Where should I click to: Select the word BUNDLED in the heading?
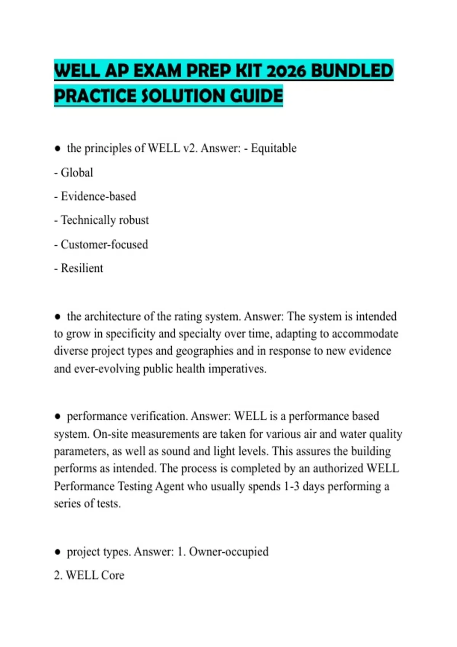click(352, 71)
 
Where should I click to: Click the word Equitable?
click(273, 148)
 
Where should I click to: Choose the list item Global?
click(77, 172)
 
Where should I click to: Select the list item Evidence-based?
click(98, 196)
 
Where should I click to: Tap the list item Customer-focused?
click(104, 244)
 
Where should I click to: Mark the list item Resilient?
click(82, 268)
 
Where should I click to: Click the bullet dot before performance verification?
click(58, 416)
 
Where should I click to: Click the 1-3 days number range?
click(292, 486)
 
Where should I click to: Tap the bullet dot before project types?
click(58, 552)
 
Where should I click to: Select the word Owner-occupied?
click(228, 551)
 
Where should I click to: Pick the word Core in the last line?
click(113, 575)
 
